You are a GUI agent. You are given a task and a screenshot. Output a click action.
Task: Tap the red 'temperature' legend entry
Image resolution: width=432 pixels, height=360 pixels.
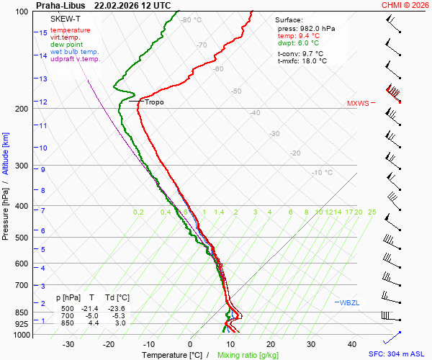[x=71, y=30]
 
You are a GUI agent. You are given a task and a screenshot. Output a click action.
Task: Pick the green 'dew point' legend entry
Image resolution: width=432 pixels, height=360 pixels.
[x=66, y=45]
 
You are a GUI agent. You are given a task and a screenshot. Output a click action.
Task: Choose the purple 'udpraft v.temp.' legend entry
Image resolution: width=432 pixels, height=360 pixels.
[x=76, y=59]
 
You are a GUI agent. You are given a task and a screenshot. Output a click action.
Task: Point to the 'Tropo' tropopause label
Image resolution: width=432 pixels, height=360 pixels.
[x=154, y=102]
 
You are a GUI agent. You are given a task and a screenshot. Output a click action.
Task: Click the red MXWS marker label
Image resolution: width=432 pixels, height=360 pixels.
[x=358, y=103]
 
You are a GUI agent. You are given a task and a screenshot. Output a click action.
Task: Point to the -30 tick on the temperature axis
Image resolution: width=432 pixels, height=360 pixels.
[x=68, y=344]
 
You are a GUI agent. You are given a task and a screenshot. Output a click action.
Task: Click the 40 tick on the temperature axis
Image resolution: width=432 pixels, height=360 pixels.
[x=352, y=344]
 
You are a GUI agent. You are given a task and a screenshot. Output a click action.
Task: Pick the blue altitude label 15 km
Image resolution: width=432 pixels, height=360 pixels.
[x=43, y=33]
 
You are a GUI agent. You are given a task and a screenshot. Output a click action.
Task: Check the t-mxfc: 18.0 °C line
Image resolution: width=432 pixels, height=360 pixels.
[x=302, y=61]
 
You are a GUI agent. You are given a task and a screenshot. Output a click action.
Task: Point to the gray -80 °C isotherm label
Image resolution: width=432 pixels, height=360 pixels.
[x=191, y=20]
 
